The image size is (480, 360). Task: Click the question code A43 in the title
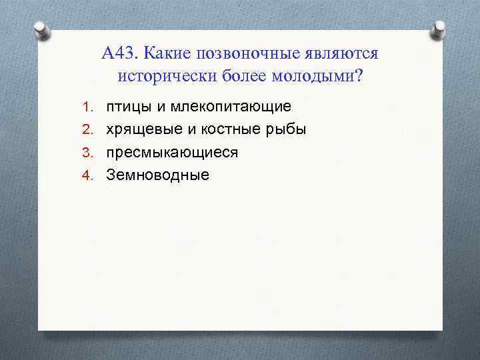[x=121, y=53]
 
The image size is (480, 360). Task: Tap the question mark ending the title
[x=360, y=75]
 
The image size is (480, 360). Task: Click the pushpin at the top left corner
[x=39, y=31]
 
